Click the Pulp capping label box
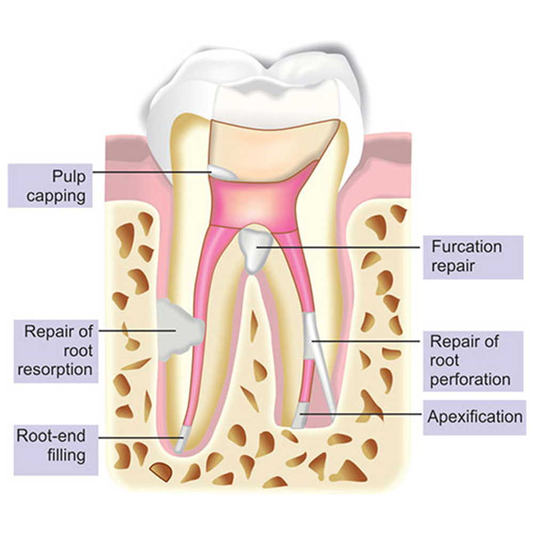tap(50, 185)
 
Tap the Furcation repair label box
tap(466, 256)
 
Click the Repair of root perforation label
tap(470, 360)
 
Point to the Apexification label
tap(474, 416)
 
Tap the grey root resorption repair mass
tap(179, 328)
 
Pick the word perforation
tap(470, 380)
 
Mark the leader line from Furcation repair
tap(347, 247)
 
